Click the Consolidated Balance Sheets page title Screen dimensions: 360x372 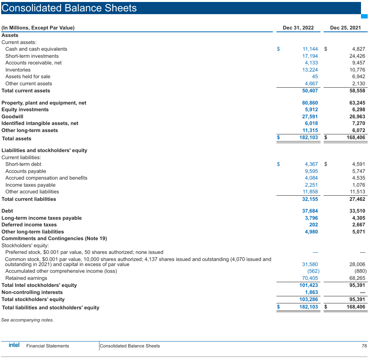69,8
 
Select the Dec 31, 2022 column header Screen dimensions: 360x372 298,28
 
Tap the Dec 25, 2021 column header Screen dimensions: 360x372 345,28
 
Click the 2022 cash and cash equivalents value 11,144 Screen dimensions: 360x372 310,49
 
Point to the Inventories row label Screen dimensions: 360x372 18,70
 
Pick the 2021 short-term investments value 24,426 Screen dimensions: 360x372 357,56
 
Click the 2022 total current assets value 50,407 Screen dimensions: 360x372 310,91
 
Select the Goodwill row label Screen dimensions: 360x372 13,117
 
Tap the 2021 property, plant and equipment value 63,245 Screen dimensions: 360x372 357,103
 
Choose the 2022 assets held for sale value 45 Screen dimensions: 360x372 315,77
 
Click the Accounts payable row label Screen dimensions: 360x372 26,171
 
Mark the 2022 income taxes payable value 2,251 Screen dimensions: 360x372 311,185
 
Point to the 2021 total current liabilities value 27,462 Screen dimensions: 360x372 357,199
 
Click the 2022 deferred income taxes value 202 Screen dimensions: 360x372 313,225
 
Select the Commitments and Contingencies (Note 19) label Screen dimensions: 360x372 54,239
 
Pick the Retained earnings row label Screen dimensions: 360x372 26,278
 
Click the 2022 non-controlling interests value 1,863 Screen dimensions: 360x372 311,292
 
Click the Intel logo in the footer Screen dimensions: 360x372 14,345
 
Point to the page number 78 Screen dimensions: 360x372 364,346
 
